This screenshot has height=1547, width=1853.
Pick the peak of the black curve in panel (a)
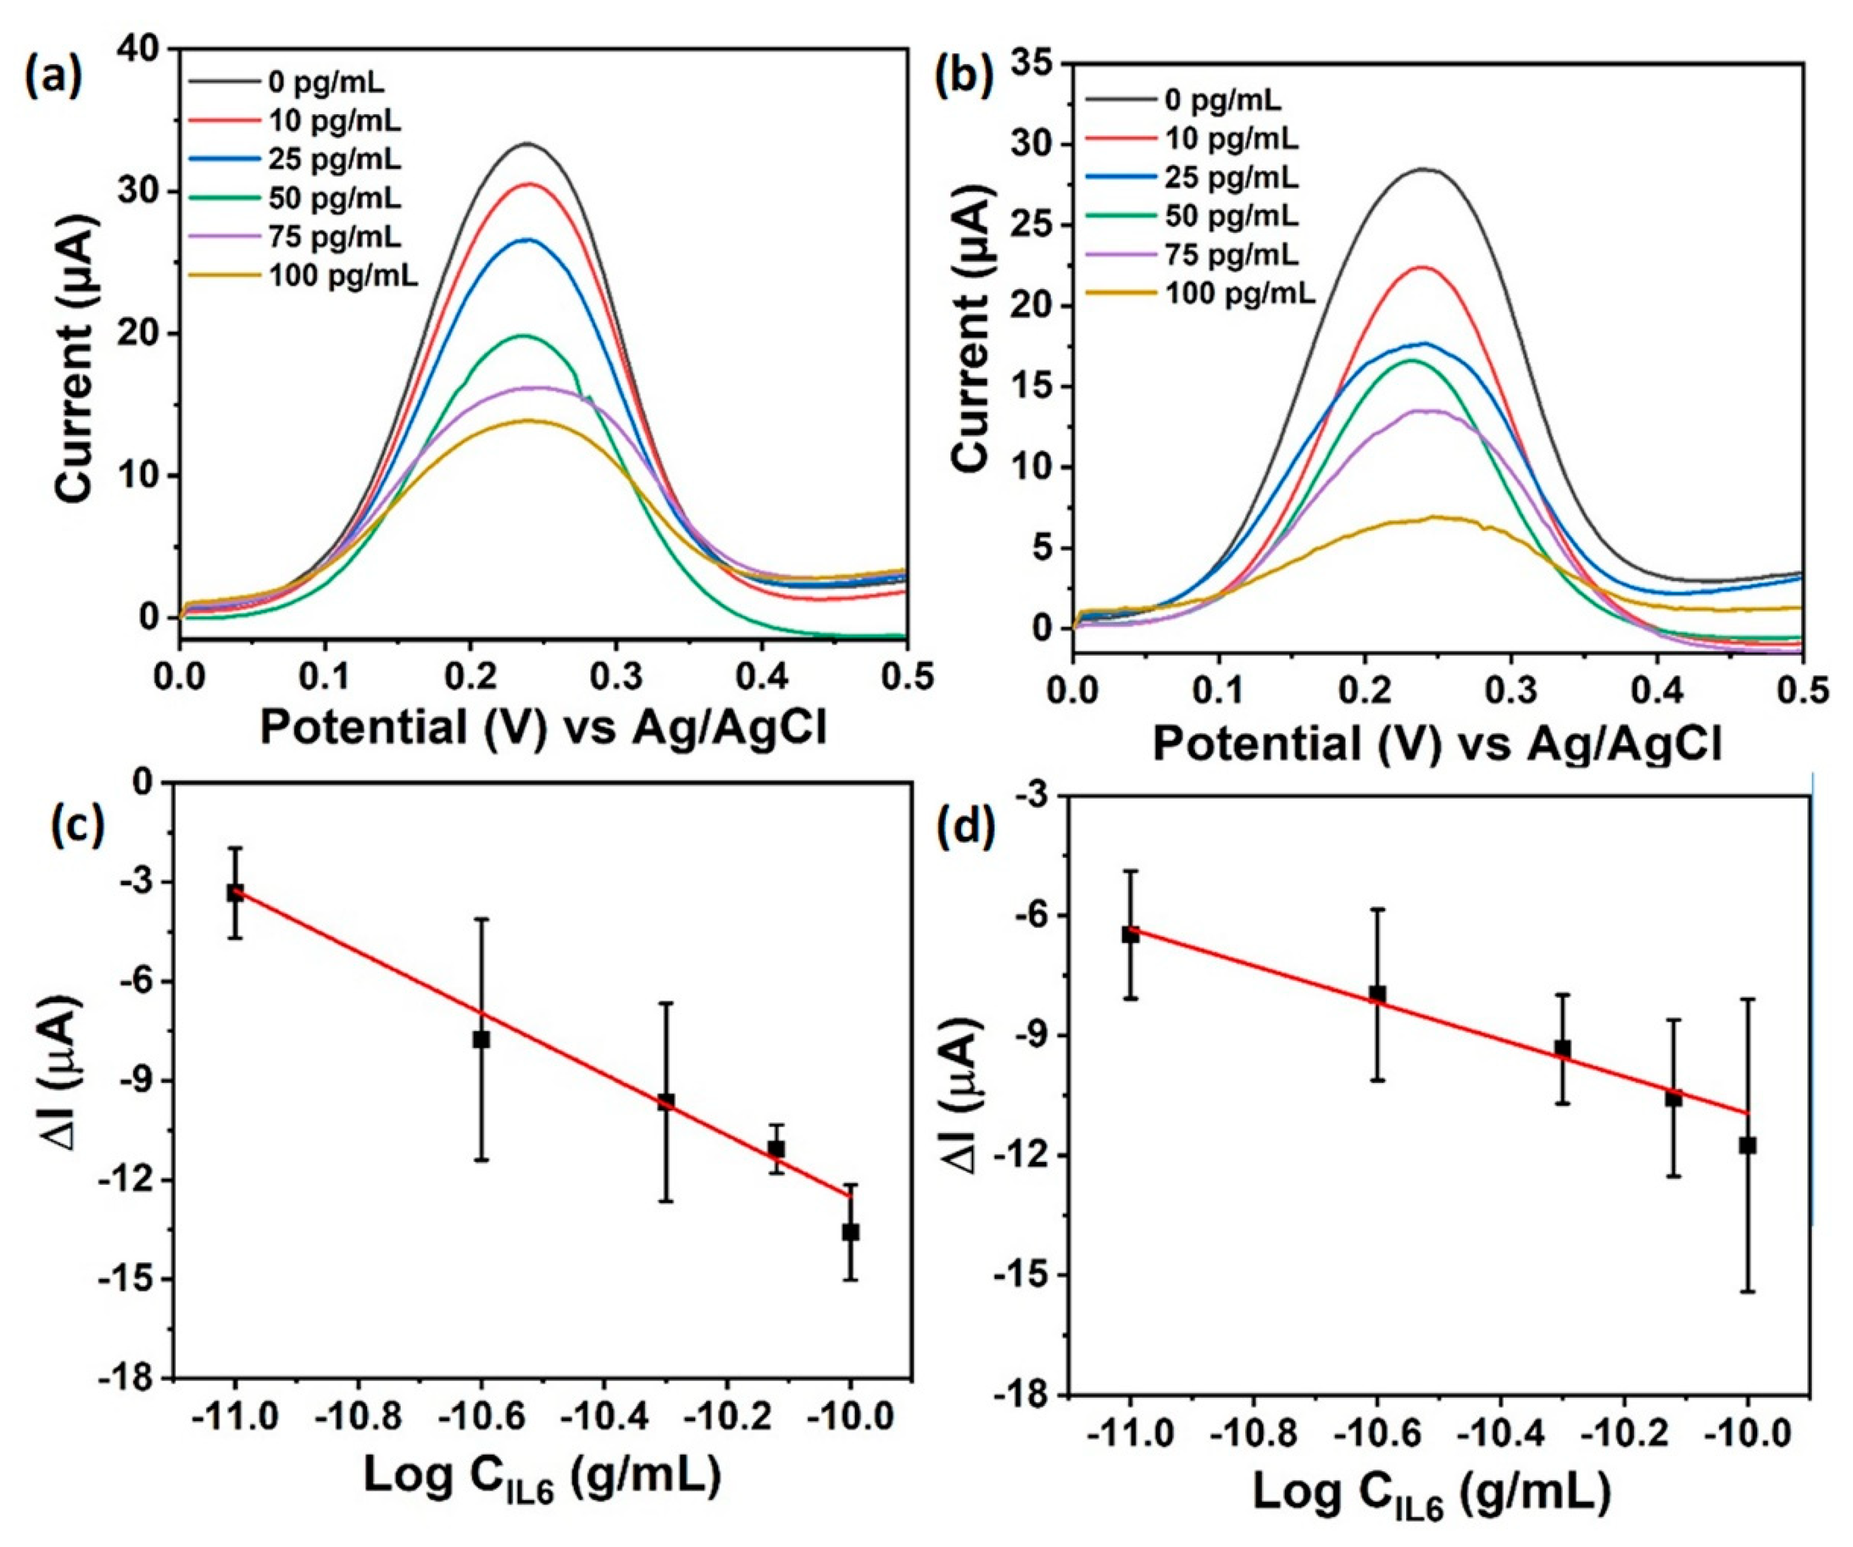click(x=528, y=143)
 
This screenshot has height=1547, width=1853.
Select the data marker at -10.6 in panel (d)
click(x=1377, y=994)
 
